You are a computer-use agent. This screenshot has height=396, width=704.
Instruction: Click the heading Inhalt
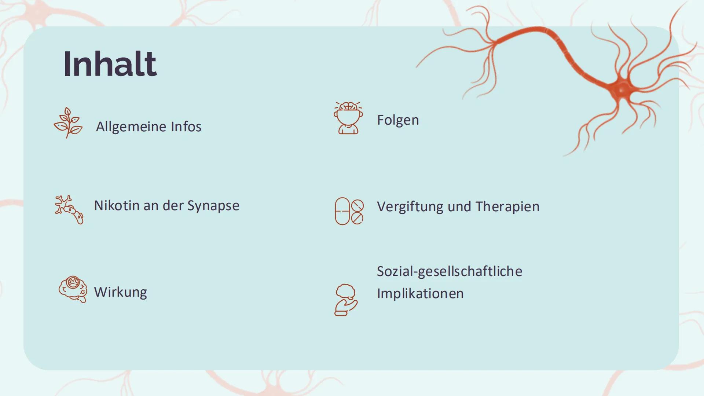tap(110, 64)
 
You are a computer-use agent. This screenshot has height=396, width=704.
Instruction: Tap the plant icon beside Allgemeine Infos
tap(68, 123)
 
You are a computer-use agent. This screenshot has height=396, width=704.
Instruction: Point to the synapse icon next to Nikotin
tap(69, 209)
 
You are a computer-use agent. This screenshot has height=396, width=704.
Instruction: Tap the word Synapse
tap(213, 206)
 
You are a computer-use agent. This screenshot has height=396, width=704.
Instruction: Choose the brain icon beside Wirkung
tap(73, 289)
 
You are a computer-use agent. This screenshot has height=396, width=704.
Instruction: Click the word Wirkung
tap(120, 292)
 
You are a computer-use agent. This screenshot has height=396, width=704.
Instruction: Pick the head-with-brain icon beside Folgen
tap(348, 118)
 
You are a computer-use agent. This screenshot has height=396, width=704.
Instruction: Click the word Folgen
tap(398, 120)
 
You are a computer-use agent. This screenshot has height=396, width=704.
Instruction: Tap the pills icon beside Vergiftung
tap(349, 211)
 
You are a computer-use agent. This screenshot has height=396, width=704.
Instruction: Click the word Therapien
tap(507, 207)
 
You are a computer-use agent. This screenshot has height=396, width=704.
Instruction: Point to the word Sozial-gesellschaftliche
tap(450, 272)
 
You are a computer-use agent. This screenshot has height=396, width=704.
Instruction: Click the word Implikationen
tap(420, 294)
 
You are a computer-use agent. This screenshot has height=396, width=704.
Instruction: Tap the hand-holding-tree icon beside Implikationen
tap(346, 300)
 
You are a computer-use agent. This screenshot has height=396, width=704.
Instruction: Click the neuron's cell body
tap(621, 89)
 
